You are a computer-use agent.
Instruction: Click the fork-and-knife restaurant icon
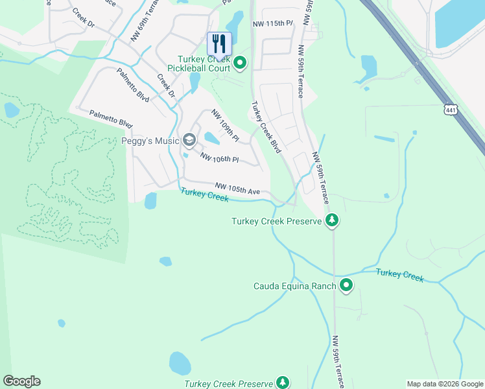tap(219, 44)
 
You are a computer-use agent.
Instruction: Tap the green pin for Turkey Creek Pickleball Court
tap(240, 63)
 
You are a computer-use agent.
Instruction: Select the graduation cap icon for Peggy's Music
tap(189, 140)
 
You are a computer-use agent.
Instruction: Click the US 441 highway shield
tap(452, 110)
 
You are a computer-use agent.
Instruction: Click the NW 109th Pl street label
tap(225, 125)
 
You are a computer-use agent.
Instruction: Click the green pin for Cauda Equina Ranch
tap(346, 285)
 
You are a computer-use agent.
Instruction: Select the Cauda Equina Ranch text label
tap(295, 286)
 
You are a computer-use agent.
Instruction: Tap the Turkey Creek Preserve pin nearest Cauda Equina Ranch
tap(332, 220)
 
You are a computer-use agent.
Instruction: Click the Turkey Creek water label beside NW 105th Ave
tap(204, 194)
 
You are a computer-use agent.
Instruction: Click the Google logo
tap(21, 381)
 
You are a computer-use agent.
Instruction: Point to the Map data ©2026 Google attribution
tap(444, 384)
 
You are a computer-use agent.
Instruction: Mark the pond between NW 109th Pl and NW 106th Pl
tap(211, 137)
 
